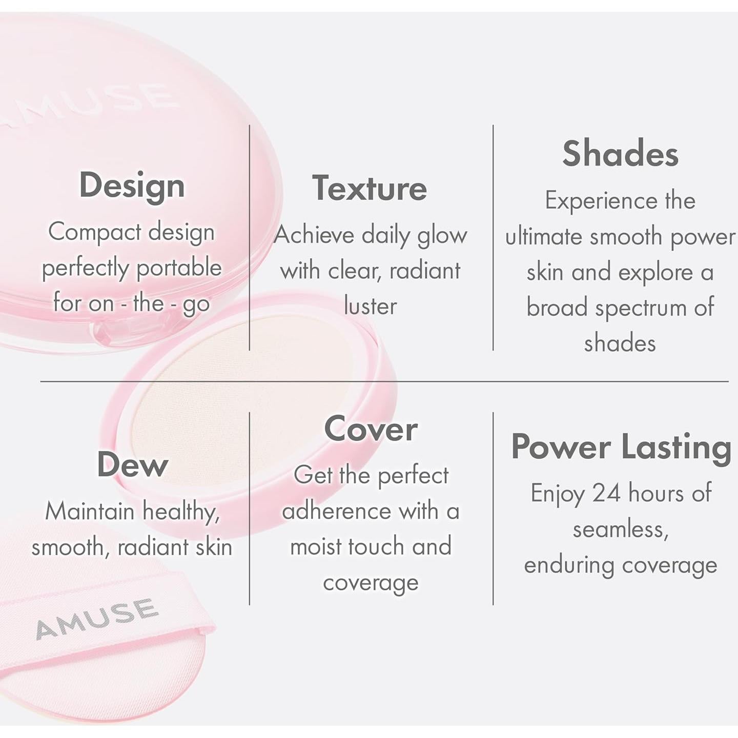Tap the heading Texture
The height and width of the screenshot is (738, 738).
pyautogui.click(x=370, y=189)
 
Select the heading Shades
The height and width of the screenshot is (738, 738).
pyautogui.click(x=620, y=154)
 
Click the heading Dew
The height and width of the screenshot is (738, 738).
pyautogui.click(x=133, y=465)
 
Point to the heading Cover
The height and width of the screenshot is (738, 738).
pyautogui.click(x=371, y=429)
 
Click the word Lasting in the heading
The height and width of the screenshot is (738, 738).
pyautogui.click(x=676, y=447)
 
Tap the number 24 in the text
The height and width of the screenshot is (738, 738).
pyautogui.click(x=606, y=493)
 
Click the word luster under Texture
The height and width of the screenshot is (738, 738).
pyautogui.click(x=370, y=306)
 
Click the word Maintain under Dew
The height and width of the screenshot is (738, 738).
pyautogui.click(x=90, y=511)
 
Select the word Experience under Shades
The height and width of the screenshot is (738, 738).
pyautogui.click(x=601, y=201)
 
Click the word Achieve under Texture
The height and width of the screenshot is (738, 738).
pyautogui.click(x=314, y=235)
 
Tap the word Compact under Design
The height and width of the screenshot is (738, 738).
pyautogui.click(x=95, y=232)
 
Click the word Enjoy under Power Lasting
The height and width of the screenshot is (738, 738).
pyautogui.click(x=557, y=494)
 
